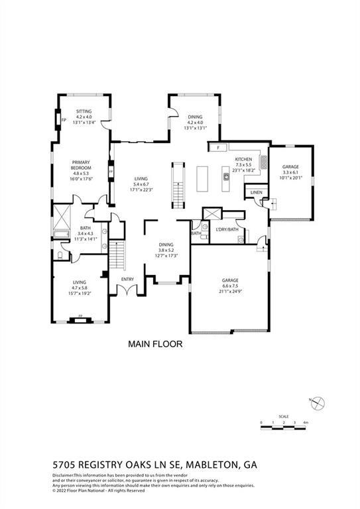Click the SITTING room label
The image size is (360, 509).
(x=84, y=111)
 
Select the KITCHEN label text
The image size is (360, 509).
(x=243, y=159)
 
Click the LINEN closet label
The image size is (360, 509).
(x=257, y=192)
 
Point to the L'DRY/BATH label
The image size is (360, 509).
(x=227, y=229)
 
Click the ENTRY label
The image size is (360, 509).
(x=127, y=279)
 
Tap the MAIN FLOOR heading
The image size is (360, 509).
(x=154, y=345)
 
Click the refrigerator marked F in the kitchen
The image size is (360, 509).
(x=217, y=147)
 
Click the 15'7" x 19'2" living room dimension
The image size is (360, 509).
(x=80, y=294)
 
